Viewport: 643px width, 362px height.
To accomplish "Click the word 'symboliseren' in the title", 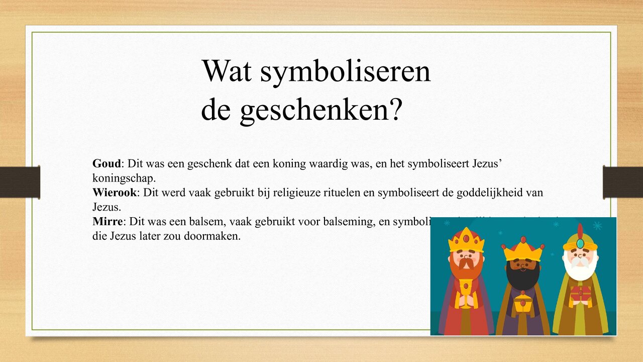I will [345, 71].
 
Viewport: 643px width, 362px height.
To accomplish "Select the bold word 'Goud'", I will [106, 163].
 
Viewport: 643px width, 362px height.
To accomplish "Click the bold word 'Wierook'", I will [115, 192].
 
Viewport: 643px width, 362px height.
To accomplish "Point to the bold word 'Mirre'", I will [108, 221].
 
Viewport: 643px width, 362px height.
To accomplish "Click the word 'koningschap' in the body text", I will [123, 178].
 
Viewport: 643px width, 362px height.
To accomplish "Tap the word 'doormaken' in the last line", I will [214, 236].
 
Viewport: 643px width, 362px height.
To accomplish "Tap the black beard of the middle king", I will [523, 275].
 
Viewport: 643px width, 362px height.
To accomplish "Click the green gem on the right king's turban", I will [580, 244].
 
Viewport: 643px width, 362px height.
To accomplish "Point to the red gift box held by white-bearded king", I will [580, 295].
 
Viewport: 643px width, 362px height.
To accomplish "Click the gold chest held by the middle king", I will [522, 304].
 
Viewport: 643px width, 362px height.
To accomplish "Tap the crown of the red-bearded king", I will [466, 240].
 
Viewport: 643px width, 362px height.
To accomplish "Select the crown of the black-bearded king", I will [523, 249].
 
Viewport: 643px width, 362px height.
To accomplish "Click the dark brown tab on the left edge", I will [20, 182].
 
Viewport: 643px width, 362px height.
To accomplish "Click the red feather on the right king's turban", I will [581, 231].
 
